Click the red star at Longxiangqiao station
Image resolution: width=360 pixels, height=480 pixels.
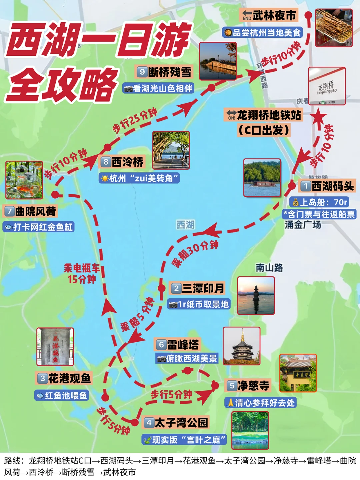point(319,117)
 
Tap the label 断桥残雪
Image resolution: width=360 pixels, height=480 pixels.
point(170,72)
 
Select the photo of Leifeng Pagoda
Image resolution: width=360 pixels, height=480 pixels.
point(242,346)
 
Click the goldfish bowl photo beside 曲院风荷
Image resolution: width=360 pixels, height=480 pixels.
point(24,180)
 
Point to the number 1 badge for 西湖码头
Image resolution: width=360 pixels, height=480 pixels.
point(305,186)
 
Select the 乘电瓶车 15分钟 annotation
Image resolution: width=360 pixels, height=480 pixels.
point(82,273)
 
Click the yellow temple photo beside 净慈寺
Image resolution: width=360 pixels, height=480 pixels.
point(298,373)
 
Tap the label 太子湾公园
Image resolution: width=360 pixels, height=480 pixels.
point(181,423)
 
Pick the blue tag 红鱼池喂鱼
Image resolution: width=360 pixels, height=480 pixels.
point(62,395)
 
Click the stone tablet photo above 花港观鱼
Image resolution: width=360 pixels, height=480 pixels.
point(55,347)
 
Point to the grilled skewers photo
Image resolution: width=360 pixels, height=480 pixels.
point(334,28)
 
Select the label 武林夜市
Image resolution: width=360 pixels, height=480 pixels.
point(274,15)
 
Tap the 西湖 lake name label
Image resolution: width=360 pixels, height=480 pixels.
point(185,225)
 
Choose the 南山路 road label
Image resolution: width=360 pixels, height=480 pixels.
point(269,268)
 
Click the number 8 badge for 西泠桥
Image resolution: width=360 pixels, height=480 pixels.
point(106,162)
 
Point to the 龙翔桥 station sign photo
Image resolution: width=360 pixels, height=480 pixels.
point(327,86)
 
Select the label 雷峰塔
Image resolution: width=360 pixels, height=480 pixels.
point(183,344)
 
